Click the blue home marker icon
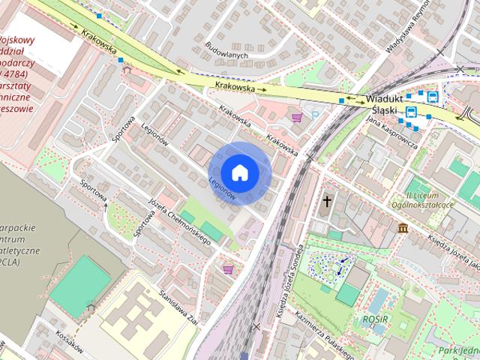point(239,172)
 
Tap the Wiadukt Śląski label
point(386,104)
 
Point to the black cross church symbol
point(327,201)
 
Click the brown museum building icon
point(403,227)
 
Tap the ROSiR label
point(376,317)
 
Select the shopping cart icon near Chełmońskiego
point(228,268)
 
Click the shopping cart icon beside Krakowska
point(298,117)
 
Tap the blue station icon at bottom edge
point(244,355)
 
